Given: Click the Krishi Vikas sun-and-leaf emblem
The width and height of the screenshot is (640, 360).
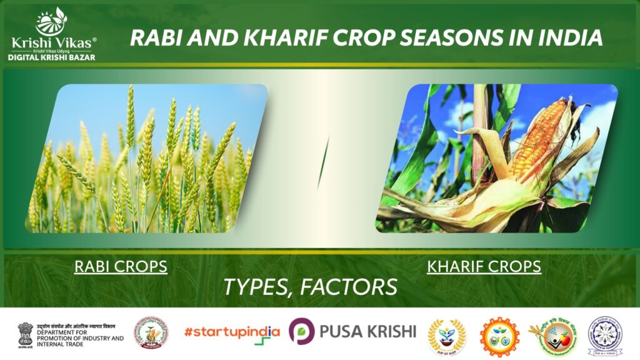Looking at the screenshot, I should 51,21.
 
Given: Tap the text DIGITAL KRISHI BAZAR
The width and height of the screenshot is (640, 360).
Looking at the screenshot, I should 52,57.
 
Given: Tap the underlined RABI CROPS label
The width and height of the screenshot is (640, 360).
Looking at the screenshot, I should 121,267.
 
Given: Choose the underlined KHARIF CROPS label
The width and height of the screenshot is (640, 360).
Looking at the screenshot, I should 484,267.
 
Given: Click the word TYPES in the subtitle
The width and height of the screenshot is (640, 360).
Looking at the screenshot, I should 257,287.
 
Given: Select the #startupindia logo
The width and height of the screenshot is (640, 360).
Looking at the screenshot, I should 231,332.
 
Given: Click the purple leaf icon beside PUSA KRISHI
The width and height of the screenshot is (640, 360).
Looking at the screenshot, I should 301,332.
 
